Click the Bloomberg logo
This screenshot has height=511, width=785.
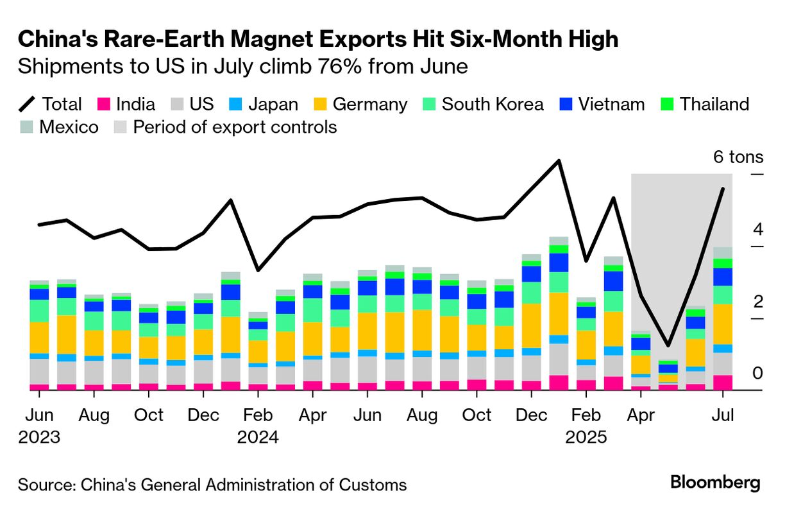[715, 483]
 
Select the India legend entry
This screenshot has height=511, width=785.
[126, 104]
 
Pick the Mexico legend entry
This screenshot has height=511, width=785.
[59, 127]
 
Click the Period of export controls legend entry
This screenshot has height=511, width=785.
[224, 127]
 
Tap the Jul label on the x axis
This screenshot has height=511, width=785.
[723, 415]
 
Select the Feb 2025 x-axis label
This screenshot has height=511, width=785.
[586, 426]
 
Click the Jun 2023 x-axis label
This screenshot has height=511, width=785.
[39, 426]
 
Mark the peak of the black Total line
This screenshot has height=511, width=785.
[559, 160]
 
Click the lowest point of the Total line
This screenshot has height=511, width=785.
[668, 345]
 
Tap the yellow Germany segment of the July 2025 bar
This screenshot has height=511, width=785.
[723, 324]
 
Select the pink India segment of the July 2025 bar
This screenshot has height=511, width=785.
[723, 382]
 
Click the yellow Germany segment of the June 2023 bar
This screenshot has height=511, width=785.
[39, 337]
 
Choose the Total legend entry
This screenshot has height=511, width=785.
[51, 104]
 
